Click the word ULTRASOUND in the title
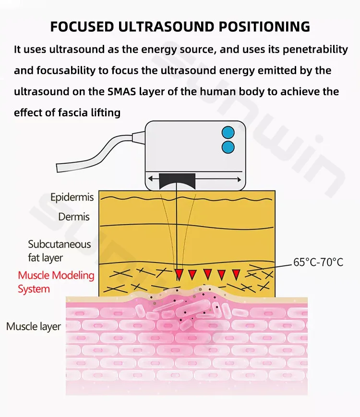167,26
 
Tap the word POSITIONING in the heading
264,26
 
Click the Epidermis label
72,197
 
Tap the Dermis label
74,216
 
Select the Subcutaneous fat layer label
59,251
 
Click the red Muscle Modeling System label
56,282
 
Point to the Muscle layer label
34,327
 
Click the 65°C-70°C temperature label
318,262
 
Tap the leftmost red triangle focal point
179,274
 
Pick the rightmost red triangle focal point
236,274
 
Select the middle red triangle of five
207,274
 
